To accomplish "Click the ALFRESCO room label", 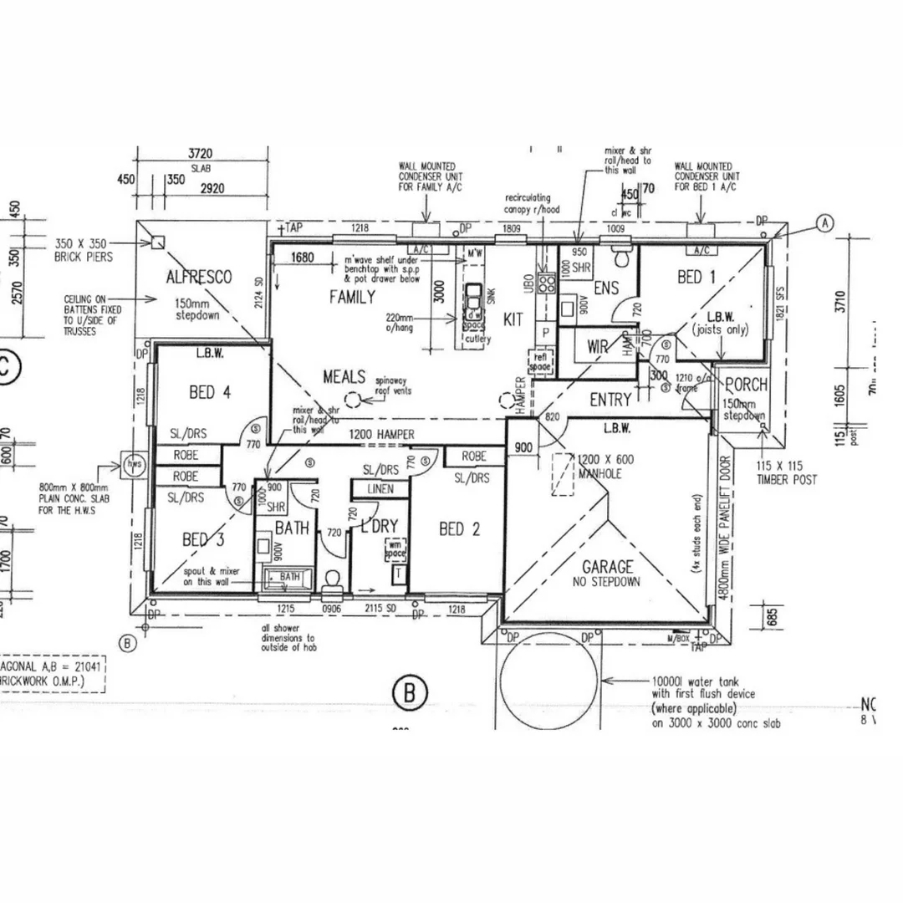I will pos(198,278).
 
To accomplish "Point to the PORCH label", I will pos(746,385).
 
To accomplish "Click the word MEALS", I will pos(344,377).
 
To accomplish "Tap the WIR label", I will pos(597,345).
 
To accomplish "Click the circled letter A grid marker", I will pos(825,222).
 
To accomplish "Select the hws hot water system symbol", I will pos(132,464).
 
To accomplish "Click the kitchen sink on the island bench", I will pos(473,296).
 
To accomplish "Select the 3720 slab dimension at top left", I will pos(201,153).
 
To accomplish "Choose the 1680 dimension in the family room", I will pos(303,258).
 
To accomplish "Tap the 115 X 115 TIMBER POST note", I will pos(787,474).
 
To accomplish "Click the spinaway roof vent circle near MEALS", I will pos(354,400).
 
